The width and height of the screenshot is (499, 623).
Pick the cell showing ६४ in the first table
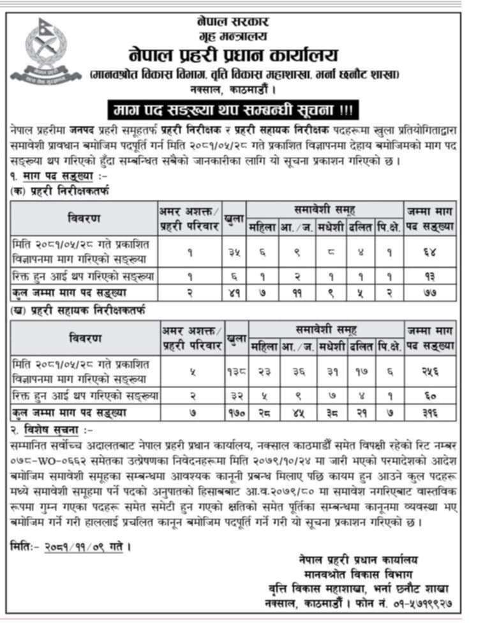(x=429, y=252)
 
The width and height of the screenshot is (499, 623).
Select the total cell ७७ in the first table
(x=429, y=293)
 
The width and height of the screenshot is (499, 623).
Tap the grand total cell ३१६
(x=430, y=413)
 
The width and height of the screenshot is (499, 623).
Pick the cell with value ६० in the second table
(x=430, y=396)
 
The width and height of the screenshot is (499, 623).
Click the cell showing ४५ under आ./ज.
(x=297, y=413)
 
